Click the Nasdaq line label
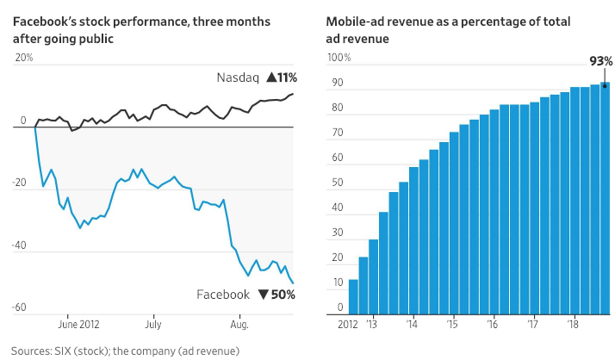click(x=237, y=78)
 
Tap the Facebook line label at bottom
click(x=224, y=295)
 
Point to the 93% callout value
click(x=601, y=61)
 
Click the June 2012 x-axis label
click(x=84, y=326)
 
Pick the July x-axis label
click(x=152, y=326)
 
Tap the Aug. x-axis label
click(x=240, y=326)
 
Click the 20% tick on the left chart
click(x=23, y=58)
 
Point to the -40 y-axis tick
click(x=20, y=246)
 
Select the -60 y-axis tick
click(x=20, y=307)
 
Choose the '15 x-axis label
click(x=452, y=326)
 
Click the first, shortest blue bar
click(x=353, y=297)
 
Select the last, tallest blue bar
click(x=606, y=198)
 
